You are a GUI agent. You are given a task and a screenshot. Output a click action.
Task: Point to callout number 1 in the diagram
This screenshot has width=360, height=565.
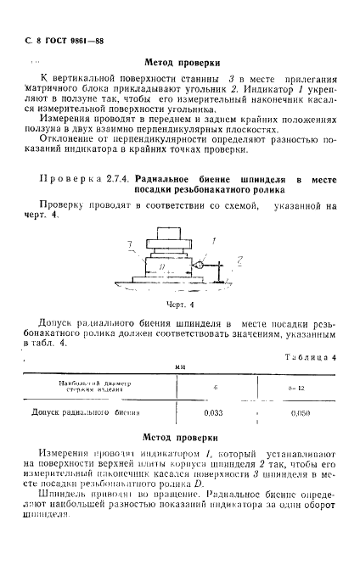coord(214,241)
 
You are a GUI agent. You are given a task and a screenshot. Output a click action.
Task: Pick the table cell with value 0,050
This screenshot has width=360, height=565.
coord(300,413)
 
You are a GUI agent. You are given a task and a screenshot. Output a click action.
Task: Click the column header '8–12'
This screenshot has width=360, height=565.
coord(300,387)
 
